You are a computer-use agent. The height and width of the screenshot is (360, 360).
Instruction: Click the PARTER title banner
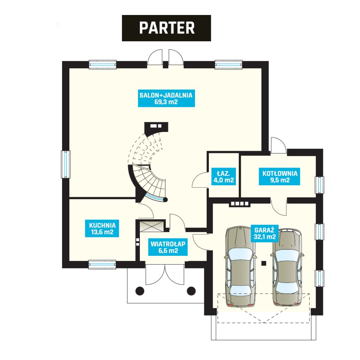tap(166, 28)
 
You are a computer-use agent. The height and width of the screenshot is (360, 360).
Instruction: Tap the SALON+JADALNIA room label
tap(166, 98)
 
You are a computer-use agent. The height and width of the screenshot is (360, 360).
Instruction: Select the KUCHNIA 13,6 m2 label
tap(102, 228)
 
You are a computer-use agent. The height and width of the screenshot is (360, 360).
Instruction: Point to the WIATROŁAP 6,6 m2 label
tap(168, 247)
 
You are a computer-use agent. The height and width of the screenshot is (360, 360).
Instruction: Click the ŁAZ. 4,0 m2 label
tap(223, 176)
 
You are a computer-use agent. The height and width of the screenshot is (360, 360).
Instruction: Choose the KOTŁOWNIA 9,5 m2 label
tap(279, 176)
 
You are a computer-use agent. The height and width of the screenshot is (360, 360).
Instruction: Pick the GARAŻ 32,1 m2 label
tap(264, 233)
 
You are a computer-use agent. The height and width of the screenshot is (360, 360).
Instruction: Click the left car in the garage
tap(240, 266)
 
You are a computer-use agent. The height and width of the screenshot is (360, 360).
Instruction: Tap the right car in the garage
tap(287, 267)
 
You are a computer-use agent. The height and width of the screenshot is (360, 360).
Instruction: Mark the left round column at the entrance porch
tap(139, 291)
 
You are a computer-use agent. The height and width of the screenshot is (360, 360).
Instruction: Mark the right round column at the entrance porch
tap(191, 291)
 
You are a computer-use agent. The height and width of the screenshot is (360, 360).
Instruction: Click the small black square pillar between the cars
tap(264, 263)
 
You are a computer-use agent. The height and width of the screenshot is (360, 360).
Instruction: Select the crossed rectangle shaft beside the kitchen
tap(152, 226)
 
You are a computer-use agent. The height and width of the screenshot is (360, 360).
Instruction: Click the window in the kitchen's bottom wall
tap(102, 264)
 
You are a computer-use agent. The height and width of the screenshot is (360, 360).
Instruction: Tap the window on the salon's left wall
tap(66, 164)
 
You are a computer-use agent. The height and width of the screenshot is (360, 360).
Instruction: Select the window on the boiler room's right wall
tap(319, 185)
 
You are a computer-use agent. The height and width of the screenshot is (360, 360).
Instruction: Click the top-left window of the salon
tap(103, 64)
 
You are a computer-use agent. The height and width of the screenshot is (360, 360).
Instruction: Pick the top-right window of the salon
tap(228, 64)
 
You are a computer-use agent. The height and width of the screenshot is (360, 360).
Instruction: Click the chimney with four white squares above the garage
tap(240, 204)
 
